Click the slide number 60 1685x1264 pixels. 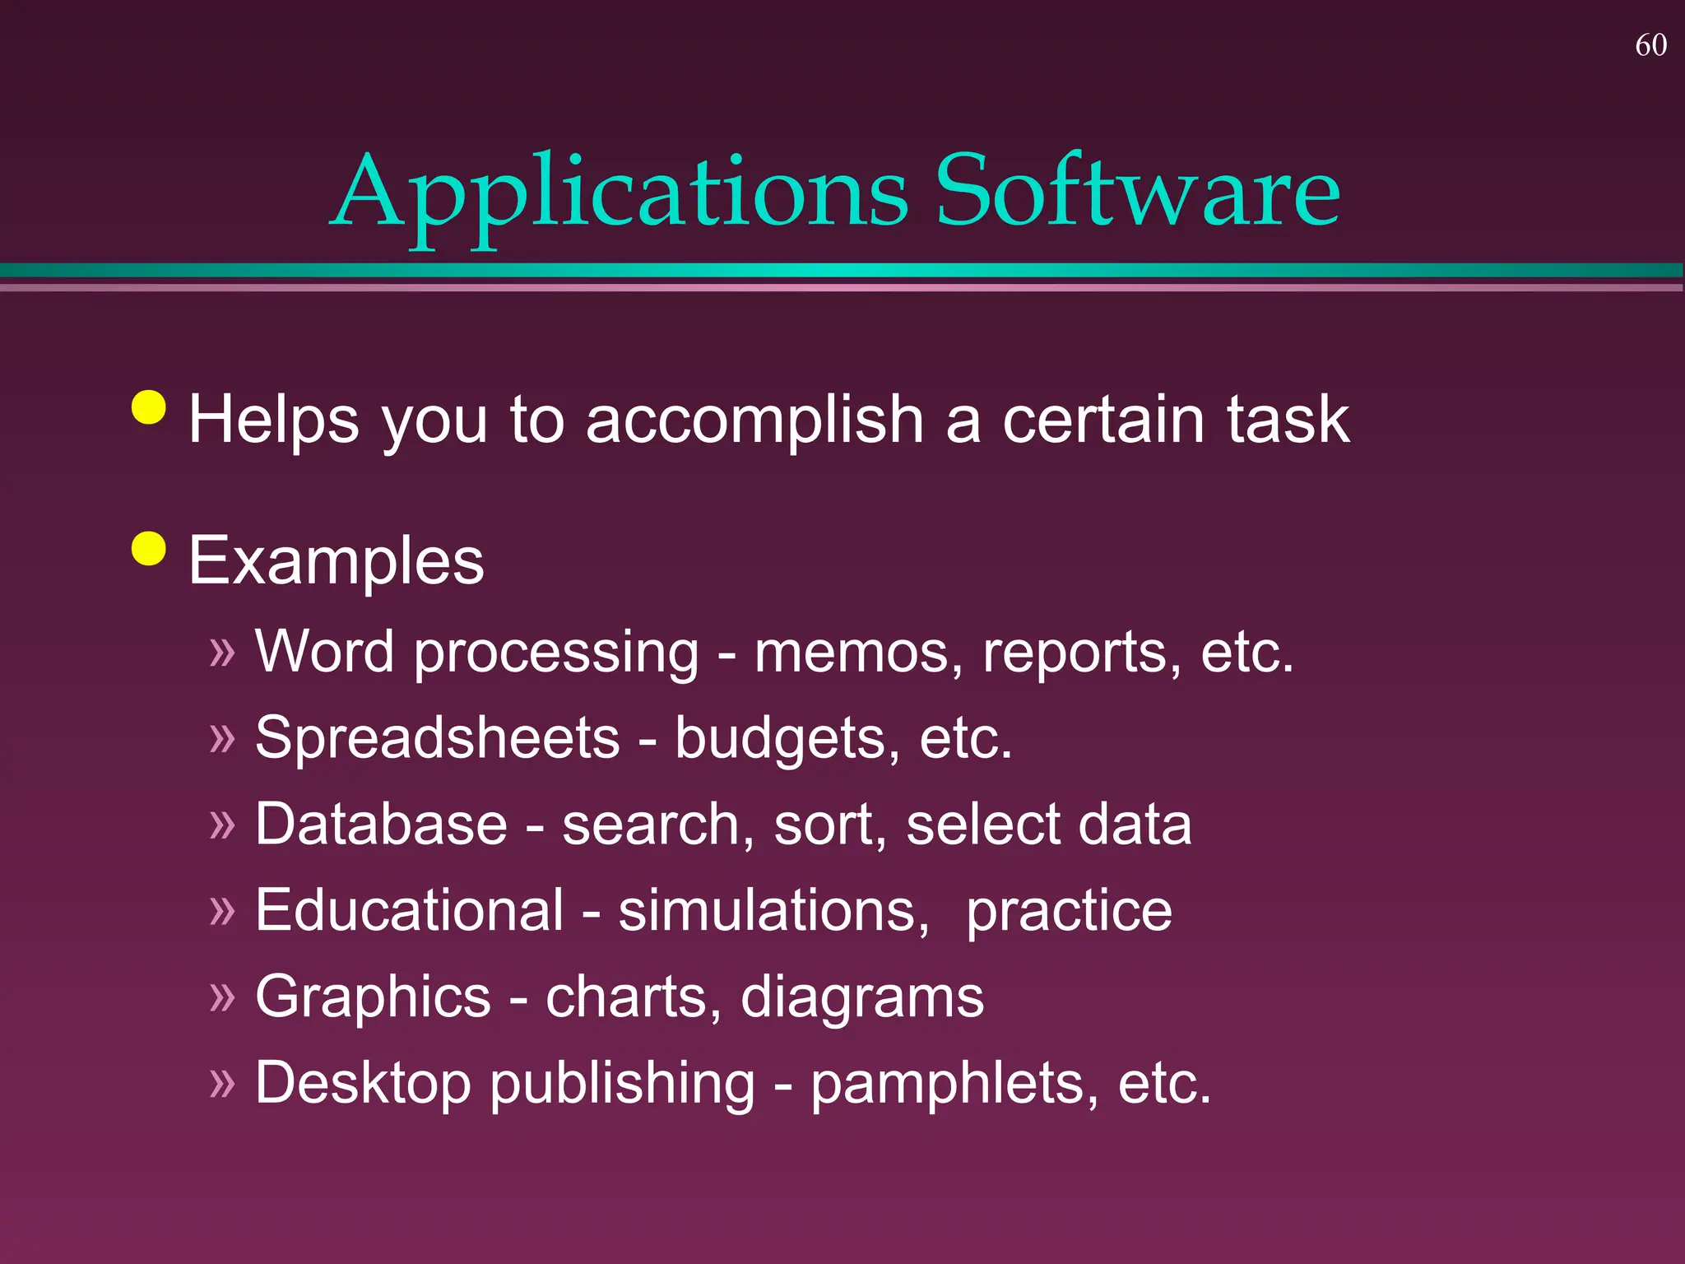[x=1650, y=45]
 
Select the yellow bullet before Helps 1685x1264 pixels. [x=149, y=407]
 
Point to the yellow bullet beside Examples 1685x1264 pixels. [x=149, y=548]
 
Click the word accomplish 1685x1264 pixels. [x=754, y=421]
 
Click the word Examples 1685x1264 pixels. [x=337, y=561]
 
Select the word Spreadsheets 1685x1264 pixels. [x=437, y=738]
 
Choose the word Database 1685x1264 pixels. [x=381, y=825]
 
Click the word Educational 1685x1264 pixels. [x=409, y=911]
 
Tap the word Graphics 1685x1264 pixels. [x=373, y=997]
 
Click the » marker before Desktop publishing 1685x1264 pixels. [x=222, y=1083]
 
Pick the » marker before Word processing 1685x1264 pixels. [x=222, y=653]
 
